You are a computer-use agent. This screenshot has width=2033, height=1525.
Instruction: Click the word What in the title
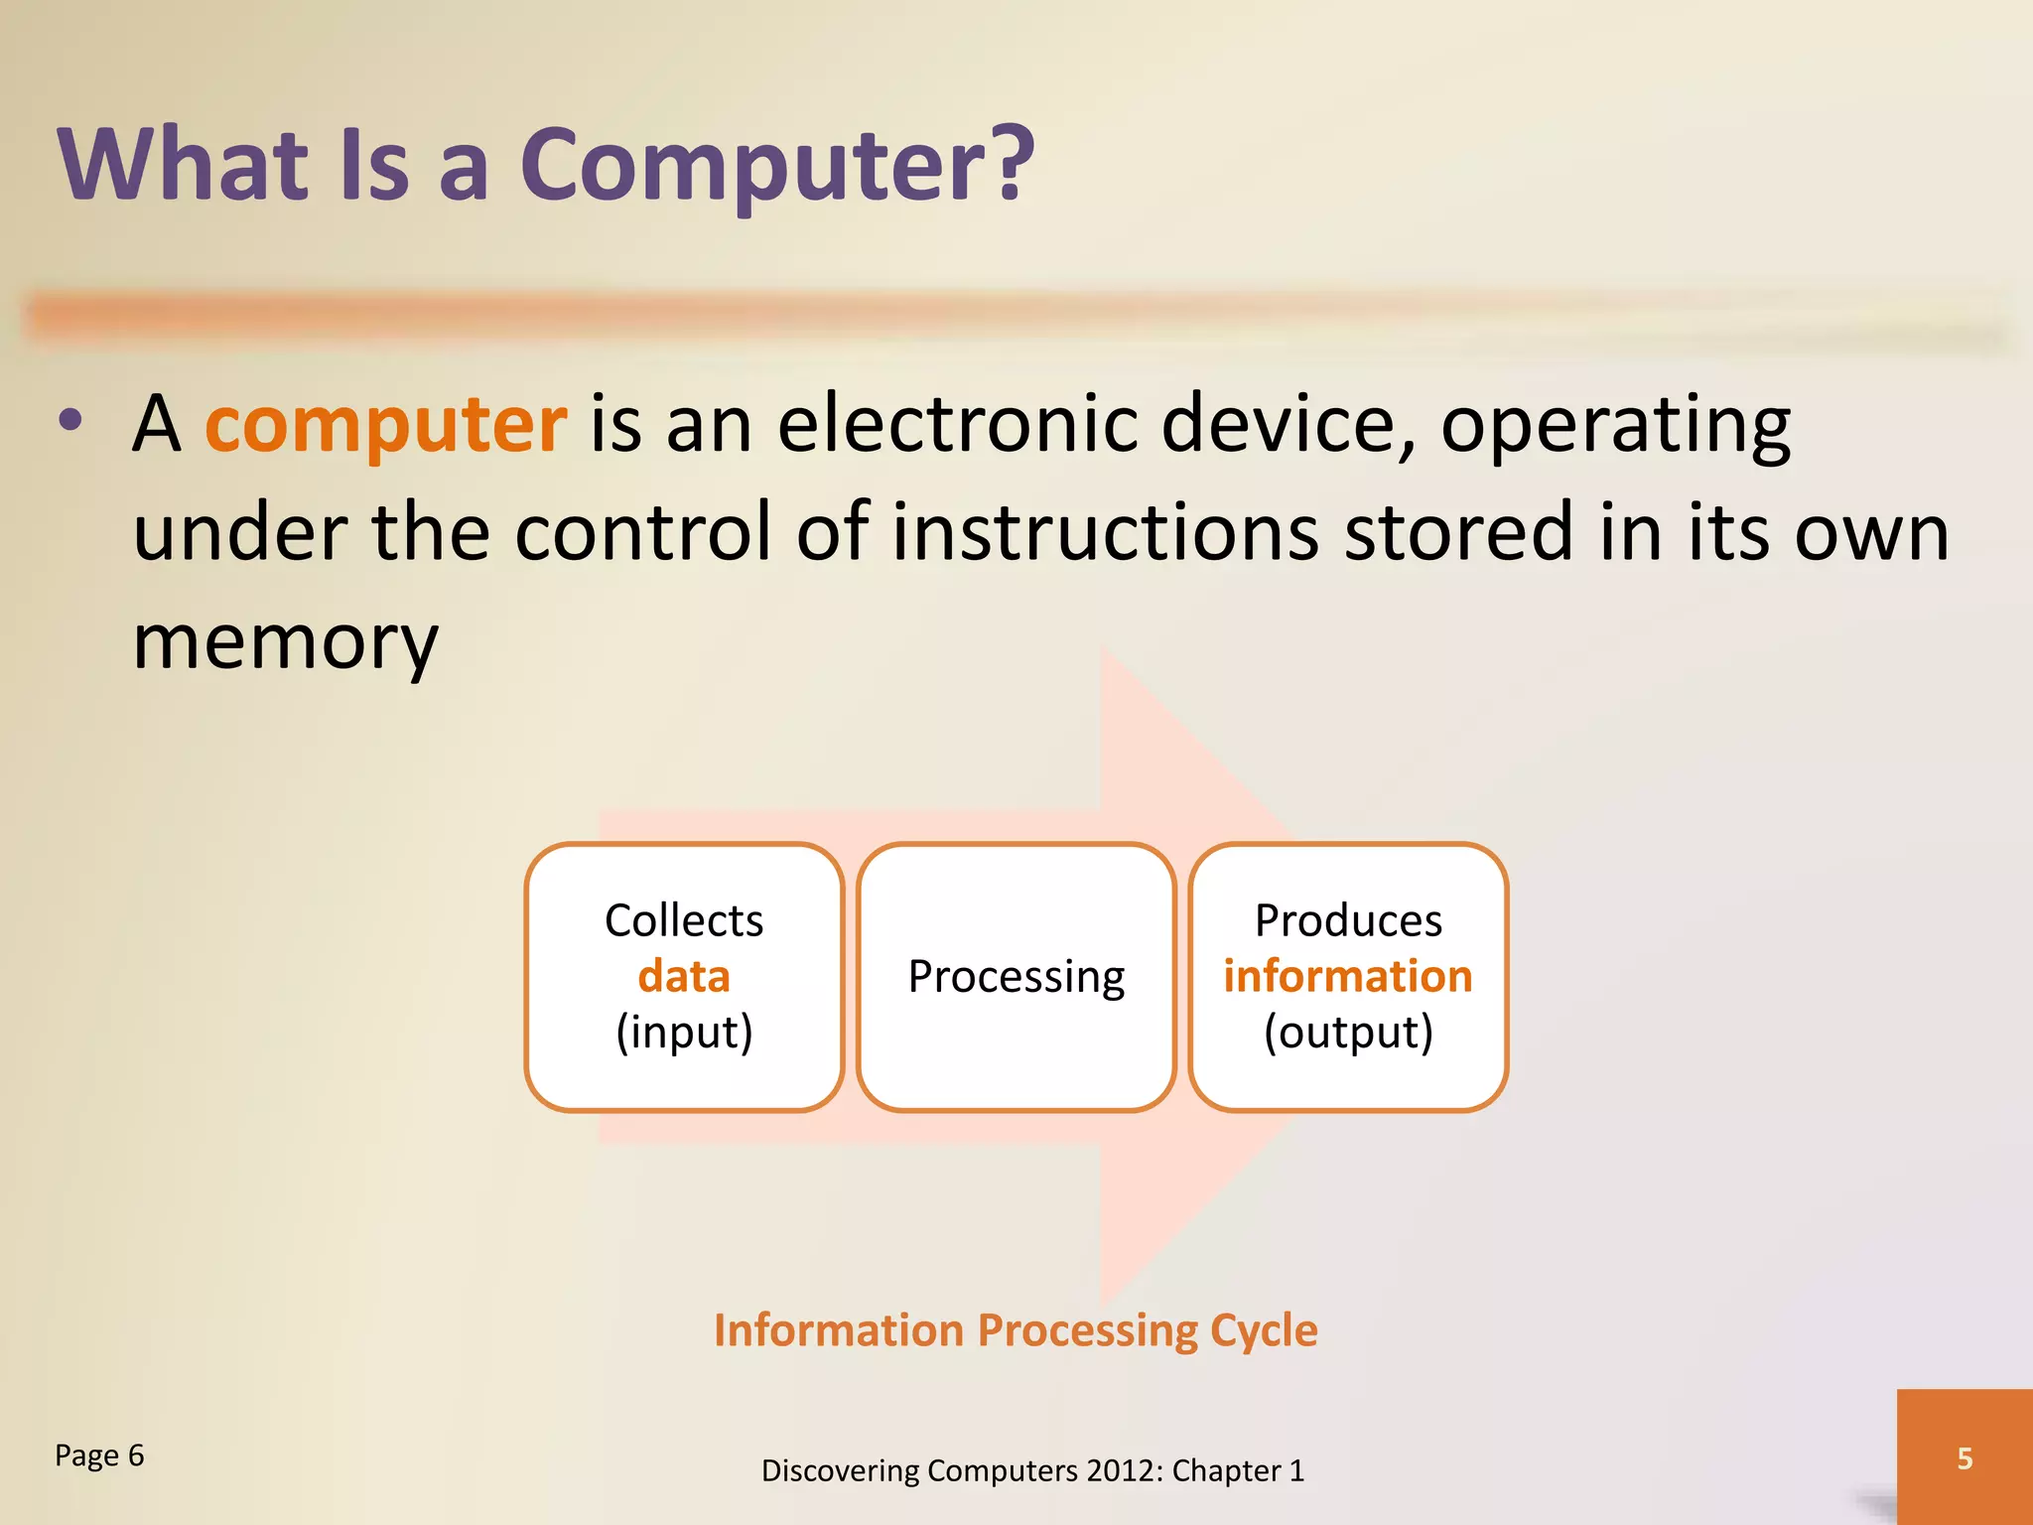coord(184,164)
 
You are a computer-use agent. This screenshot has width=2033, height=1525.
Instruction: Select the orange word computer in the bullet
coord(385,425)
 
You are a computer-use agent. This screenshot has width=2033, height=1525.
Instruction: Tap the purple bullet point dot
coord(70,420)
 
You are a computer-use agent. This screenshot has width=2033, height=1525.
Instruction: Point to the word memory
coord(285,643)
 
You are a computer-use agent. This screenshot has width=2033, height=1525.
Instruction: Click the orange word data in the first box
coord(684,977)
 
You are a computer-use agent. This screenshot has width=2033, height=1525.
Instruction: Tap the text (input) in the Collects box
coord(684,1033)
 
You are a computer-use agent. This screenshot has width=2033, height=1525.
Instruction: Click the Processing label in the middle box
coord(1016,977)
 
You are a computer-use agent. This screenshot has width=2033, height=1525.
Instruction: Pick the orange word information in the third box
coord(1347,977)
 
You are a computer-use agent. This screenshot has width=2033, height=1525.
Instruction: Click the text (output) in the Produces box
coord(1347,1033)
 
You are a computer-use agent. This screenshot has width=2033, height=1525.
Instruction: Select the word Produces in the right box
coord(1347,920)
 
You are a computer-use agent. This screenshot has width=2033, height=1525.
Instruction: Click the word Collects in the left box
coord(684,920)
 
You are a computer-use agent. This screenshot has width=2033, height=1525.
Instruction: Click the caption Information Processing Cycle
coord(1015,1330)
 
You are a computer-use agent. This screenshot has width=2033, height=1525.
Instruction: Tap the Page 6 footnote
coord(99,1456)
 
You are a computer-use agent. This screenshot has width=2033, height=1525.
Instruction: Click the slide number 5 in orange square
coord(1964,1457)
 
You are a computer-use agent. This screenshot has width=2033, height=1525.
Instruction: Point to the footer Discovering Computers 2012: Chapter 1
coord(1032,1470)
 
